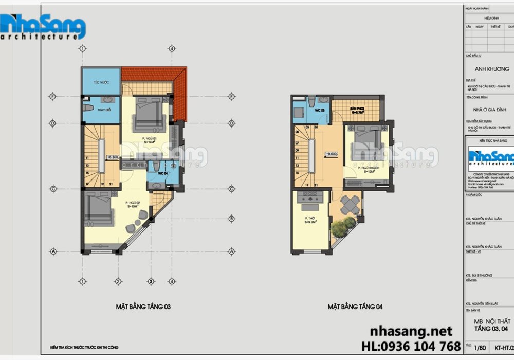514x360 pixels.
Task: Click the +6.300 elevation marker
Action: (113, 158)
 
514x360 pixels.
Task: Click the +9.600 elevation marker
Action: (331, 153)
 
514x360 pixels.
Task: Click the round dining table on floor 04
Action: (351, 205)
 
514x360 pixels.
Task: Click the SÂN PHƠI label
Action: (357, 110)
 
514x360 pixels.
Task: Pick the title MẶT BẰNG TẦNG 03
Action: (143, 307)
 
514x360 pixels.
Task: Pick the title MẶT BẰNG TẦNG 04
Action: (355, 307)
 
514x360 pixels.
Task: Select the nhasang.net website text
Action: (411, 331)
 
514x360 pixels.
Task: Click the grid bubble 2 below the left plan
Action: (118, 281)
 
